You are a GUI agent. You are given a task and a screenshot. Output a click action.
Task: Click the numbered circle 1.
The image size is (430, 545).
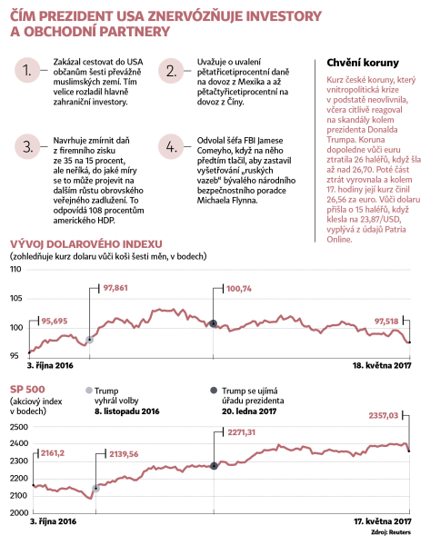click(x=27, y=70)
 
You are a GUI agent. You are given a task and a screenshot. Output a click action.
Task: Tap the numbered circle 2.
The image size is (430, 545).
click(x=171, y=71)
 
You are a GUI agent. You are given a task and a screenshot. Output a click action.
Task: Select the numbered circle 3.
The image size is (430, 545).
click(x=27, y=146)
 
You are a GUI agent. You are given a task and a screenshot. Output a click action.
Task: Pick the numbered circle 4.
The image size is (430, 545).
click(x=171, y=146)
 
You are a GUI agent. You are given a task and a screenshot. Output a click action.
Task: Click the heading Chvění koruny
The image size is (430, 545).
click(x=363, y=63)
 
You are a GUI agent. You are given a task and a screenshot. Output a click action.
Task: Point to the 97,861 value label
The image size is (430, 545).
click(x=115, y=288)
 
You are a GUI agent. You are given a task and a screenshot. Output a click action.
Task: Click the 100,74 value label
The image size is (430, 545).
click(x=239, y=289)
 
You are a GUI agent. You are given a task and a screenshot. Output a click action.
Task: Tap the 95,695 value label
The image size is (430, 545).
click(x=55, y=322)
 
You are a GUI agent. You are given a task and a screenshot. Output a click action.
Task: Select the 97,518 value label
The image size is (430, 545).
click(x=386, y=322)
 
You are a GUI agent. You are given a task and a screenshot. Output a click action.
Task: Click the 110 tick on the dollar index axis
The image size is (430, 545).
click(x=15, y=269)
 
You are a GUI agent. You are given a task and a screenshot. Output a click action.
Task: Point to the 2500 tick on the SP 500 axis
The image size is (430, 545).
click(x=19, y=427)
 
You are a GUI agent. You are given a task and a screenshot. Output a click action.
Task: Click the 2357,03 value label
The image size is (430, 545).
click(x=384, y=416)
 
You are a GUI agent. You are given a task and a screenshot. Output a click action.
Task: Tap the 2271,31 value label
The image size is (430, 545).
click(x=242, y=432)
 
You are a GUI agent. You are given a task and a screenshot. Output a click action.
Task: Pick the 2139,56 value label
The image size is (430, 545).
click(x=124, y=454)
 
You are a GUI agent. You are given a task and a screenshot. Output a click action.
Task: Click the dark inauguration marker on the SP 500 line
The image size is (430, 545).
click(x=214, y=466)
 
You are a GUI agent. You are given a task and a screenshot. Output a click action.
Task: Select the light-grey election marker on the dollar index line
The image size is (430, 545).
click(x=89, y=340)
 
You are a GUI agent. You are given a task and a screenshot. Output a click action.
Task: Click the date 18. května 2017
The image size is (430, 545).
click(x=382, y=366)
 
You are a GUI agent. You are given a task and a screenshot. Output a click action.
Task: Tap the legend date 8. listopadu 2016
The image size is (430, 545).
click(x=127, y=411)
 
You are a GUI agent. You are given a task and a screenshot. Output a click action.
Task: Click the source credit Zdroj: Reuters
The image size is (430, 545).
click(x=391, y=532)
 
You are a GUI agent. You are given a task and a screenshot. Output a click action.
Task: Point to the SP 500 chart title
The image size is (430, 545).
click(x=27, y=390)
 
